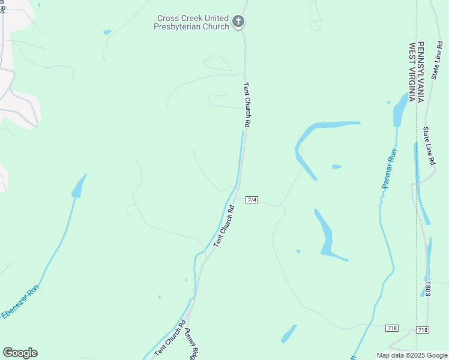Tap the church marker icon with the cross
238,23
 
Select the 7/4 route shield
252,199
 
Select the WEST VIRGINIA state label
412,72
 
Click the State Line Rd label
428,146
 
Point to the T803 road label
427,289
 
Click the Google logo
20,353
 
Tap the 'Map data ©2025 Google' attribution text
412,355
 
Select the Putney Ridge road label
191,344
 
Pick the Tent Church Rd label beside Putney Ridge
170,340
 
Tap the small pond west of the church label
107,32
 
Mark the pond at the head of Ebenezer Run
79,187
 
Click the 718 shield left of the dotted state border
392,328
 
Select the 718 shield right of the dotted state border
423,330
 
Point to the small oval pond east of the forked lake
336,167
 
